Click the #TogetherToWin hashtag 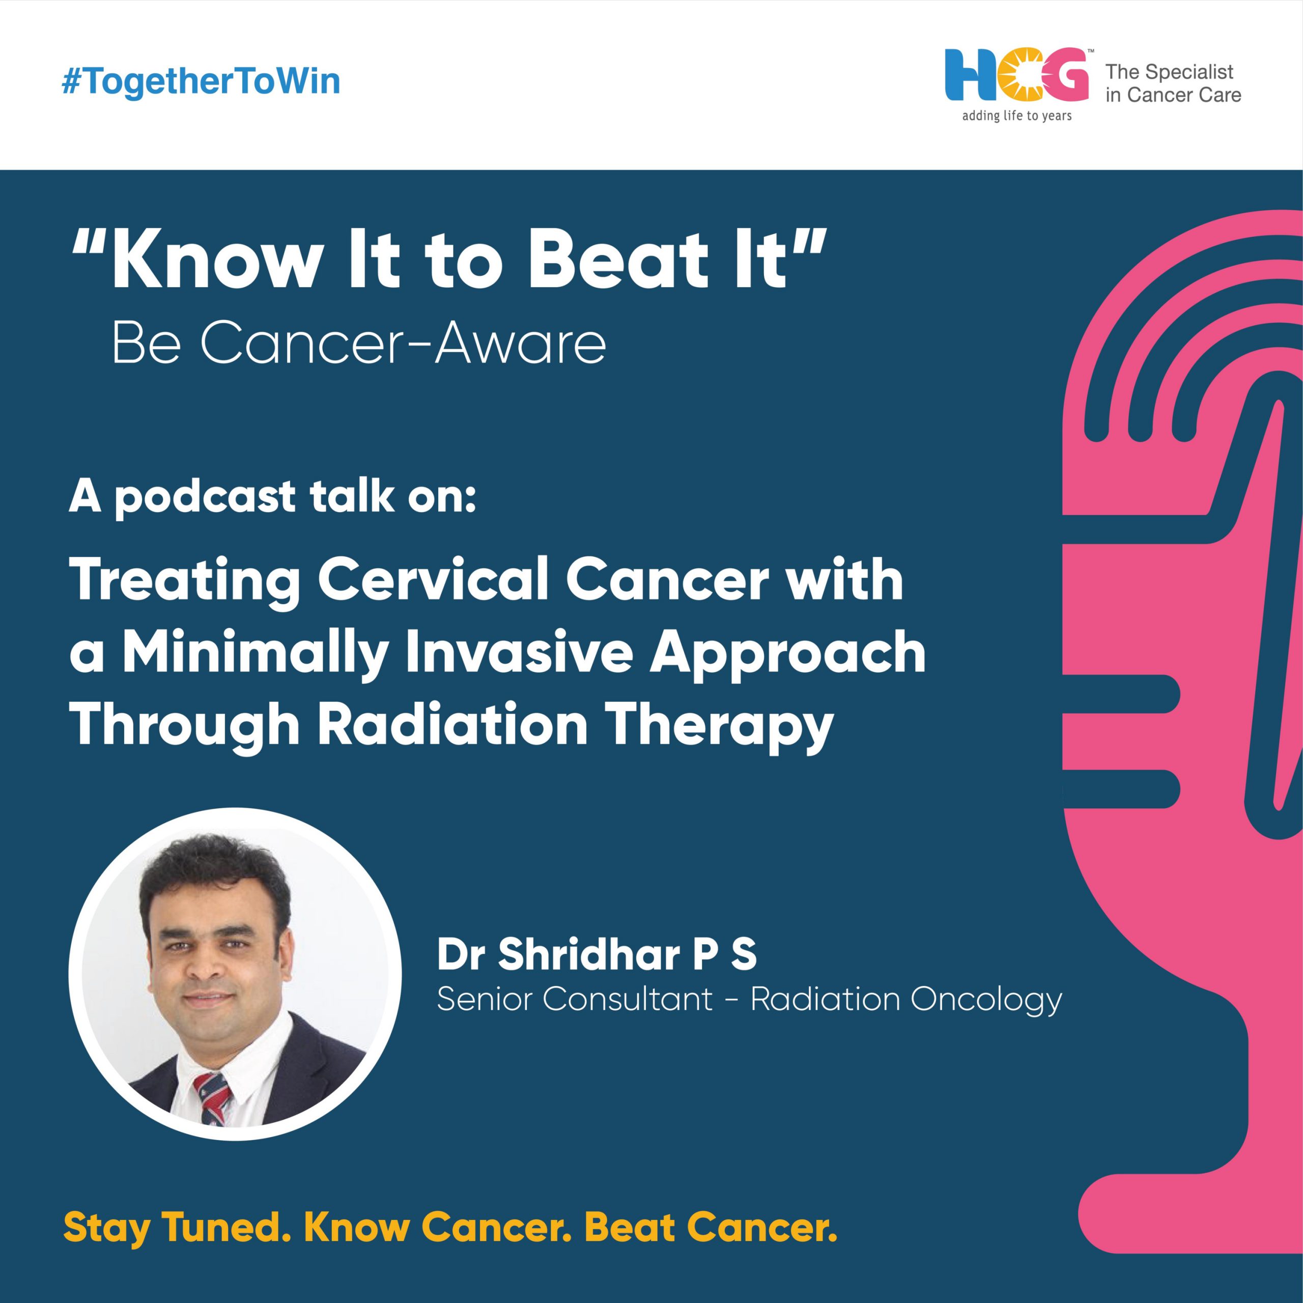201,81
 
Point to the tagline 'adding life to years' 1017,116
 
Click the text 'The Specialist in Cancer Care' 1173,83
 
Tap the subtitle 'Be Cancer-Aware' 359,343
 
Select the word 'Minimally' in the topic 255,654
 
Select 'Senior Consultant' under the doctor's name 575,999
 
